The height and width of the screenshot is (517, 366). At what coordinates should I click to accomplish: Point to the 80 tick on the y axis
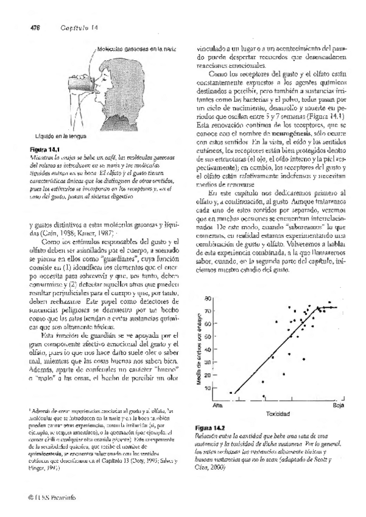(x=224, y=298)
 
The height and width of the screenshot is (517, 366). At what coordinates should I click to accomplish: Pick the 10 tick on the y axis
(x=224, y=388)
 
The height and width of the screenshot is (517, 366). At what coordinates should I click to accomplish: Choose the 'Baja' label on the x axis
(x=338, y=405)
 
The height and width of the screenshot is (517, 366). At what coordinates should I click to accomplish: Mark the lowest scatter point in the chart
(x=264, y=396)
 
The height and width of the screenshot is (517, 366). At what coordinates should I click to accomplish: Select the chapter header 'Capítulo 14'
(x=76, y=27)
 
